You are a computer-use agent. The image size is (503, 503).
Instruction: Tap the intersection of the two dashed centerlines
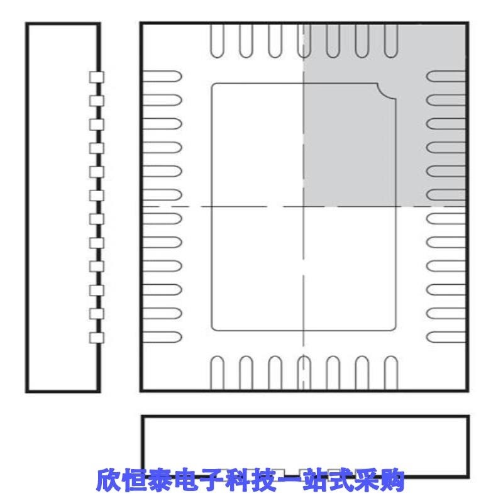click(304, 207)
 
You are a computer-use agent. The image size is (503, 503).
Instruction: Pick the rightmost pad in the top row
click(391, 40)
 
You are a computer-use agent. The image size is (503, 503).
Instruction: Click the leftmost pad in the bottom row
click(216, 372)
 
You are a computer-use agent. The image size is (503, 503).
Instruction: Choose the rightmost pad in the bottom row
click(391, 372)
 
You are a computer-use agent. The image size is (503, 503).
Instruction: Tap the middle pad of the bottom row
click(304, 372)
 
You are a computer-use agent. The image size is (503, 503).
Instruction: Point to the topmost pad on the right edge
click(446, 77)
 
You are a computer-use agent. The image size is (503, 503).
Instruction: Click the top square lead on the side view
click(96, 77)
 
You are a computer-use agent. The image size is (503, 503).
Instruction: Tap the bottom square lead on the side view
click(96, 337)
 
